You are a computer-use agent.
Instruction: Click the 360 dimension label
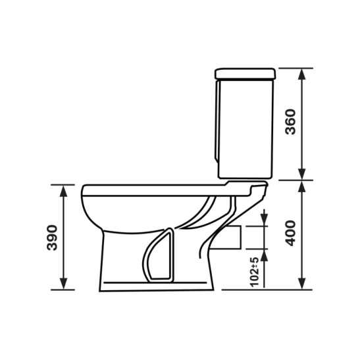[290, 122]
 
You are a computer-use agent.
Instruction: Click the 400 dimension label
[290, 233]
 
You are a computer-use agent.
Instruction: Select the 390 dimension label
[52, 238]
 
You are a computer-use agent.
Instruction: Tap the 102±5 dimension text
[255, 272]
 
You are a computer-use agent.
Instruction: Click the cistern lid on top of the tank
[245, 74]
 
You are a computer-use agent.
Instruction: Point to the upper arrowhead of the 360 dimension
[302, 74]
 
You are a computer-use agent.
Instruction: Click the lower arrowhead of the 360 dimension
[302, 174]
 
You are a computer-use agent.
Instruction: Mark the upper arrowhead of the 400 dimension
[302, 186]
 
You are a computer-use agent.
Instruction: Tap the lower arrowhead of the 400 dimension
[302, 284]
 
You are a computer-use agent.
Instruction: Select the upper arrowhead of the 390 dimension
[63, 191]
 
